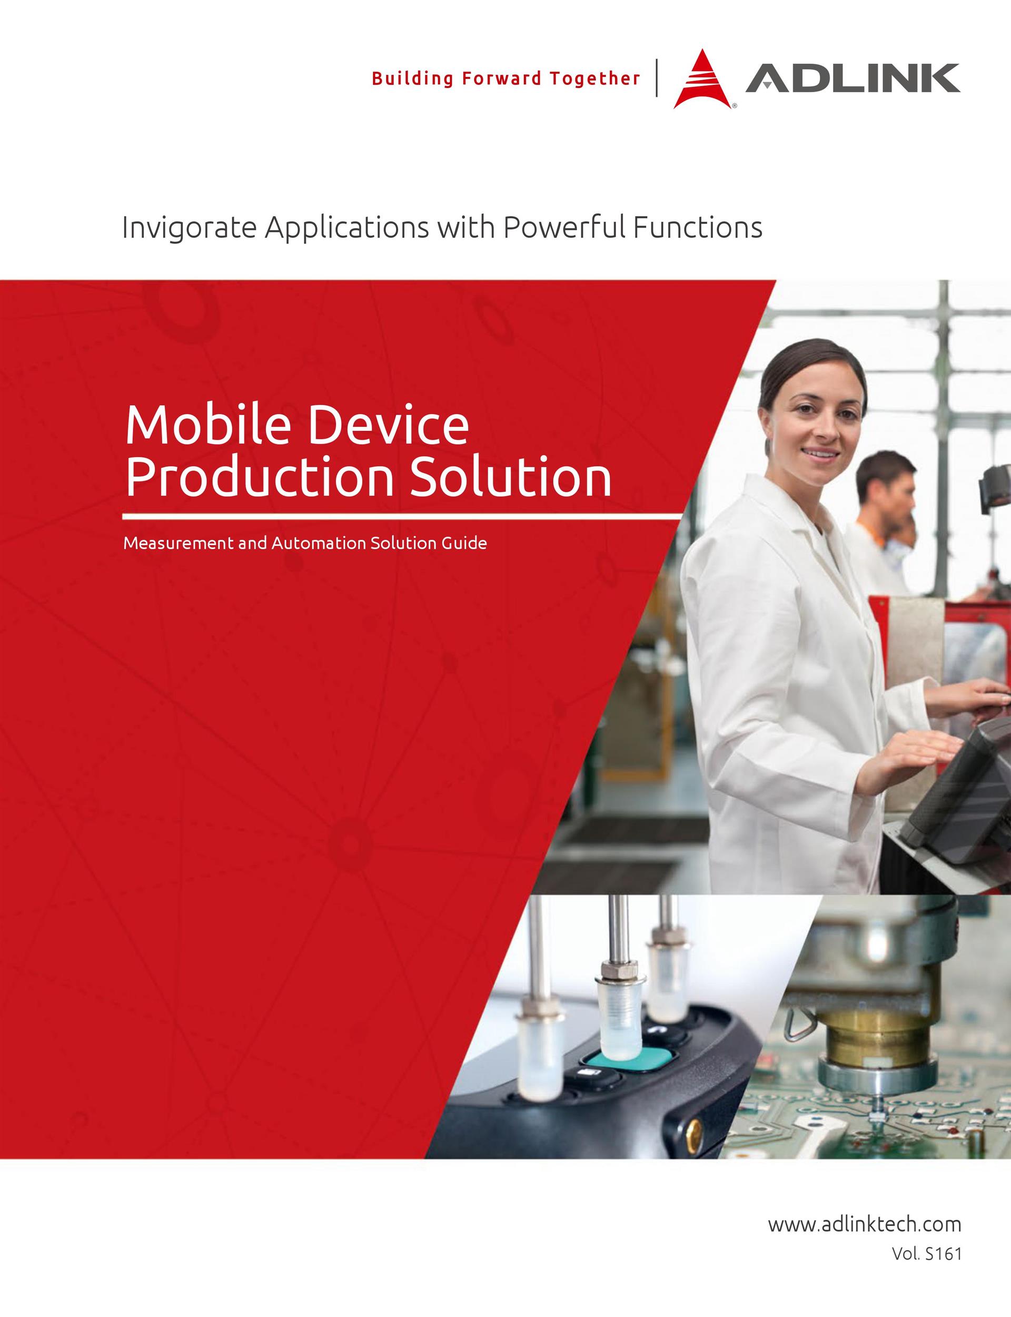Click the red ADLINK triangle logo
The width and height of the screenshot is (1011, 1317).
tap(702, 81)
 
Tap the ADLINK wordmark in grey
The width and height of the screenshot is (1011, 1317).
tap(853, 78)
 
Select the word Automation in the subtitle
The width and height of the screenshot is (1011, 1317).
tap(319, 544)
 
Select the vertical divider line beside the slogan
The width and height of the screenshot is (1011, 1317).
tap(657, 77)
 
